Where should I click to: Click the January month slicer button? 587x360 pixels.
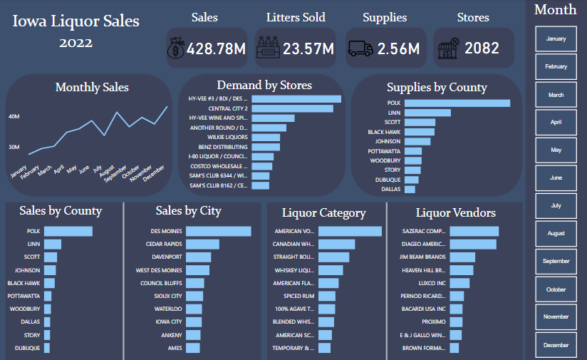[x=556, y=38]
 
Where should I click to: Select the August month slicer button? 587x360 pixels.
[x=556, y=233]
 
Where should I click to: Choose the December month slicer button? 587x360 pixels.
[x=556, y=345]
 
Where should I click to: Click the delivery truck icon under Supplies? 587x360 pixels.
[x=360, y=49]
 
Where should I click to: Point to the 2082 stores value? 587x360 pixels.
[x=482, y=49]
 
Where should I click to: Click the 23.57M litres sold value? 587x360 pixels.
[x=308, y=49]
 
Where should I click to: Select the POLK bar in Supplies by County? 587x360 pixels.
[x=457, y=103]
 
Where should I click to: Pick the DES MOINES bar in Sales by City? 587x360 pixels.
[x=218, y=231]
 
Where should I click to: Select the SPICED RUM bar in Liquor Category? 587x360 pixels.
[x=327, y=296]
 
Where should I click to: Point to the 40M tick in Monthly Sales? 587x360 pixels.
[x=14, y=115]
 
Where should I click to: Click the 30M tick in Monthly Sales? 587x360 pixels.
[x=14, y=147]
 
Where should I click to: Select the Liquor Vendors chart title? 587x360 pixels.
[x=455, y=212]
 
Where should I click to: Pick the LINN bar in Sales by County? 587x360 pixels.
[x=53, y=245]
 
